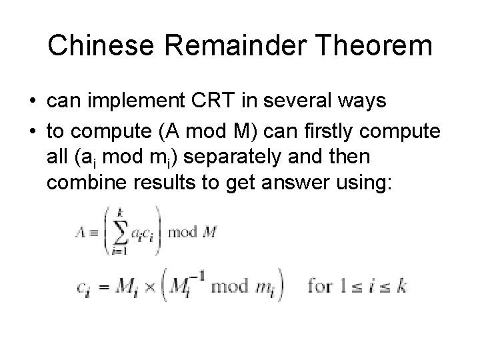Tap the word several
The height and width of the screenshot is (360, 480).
(306, 102)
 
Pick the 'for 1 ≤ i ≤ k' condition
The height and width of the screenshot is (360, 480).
(356, 287)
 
